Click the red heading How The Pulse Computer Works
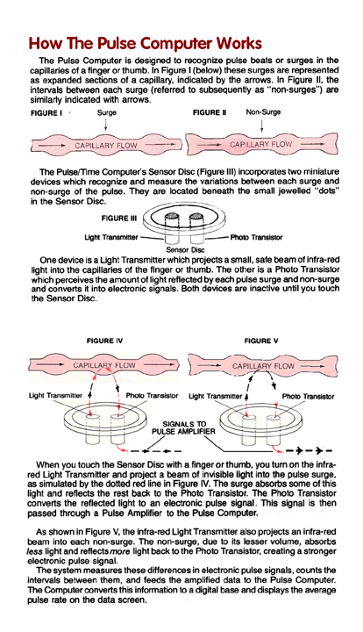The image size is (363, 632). click(145, 43)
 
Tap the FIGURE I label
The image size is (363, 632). click(46, 113)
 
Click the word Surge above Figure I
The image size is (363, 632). click(107, 113)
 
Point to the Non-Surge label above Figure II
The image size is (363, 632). click(263, 112)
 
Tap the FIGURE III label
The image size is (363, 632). click(118, 219)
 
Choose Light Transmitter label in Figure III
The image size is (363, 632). click(111, 237)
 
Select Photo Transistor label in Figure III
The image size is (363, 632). click(256, 237)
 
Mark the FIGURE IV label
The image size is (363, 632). click(104, 341)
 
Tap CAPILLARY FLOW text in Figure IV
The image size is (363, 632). click(104, 365)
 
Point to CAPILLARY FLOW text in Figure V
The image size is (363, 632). click(263, 366)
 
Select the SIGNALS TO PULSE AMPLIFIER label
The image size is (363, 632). click(183, 427)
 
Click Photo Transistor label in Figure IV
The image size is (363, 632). click(152, 396)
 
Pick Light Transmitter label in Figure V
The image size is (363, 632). click(216, 396)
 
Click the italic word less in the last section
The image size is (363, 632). click(34, 551)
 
